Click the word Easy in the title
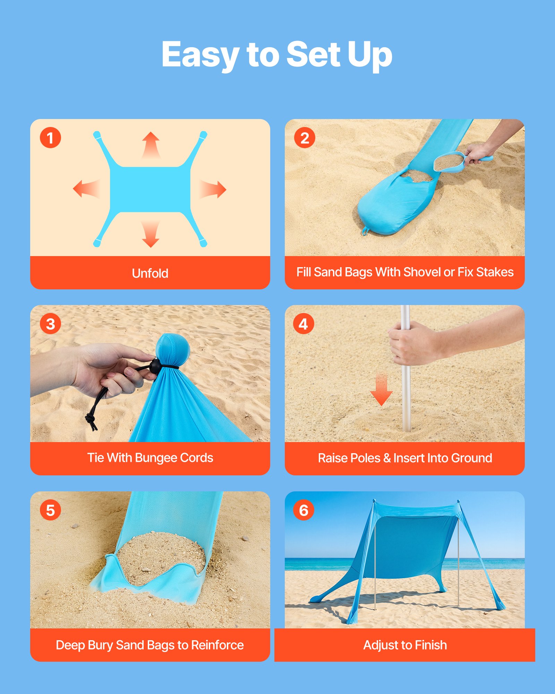coord(200,55)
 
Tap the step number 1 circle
coord(50,138)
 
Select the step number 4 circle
coord(304,324)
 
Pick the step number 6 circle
coord(304,510)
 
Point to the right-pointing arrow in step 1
coord(213,189)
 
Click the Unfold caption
coord(150,273)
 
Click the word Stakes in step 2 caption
coord(495,272)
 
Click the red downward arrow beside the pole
coord(381,390)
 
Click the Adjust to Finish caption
coord(405,645)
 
